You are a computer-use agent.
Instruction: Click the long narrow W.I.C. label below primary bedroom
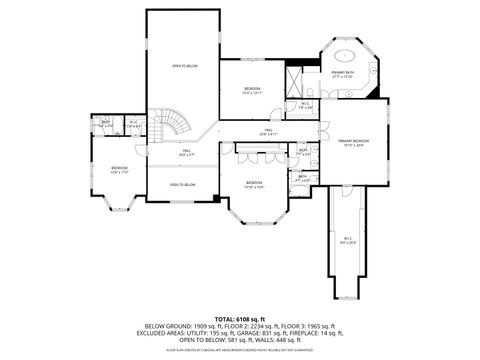pos(347,241)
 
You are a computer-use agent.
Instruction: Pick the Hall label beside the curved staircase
pos(185,153)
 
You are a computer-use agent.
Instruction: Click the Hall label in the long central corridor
pos(268,131)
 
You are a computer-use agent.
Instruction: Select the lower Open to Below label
pos(182,185)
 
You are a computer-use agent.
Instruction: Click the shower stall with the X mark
pos(294,78)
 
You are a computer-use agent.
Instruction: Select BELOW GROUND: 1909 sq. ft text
pos(182,326)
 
